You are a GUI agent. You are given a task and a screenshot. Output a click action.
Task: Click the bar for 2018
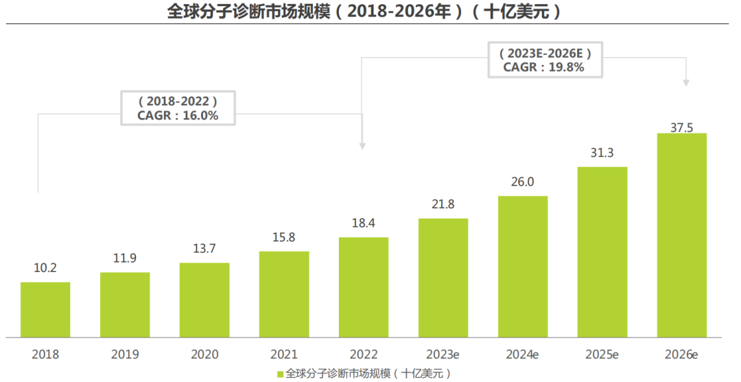click(x=45, y=309)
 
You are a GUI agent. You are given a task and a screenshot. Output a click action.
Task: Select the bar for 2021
click(x=284, y=294)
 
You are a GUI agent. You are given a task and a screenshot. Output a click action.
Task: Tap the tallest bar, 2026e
click(x=682, y=235)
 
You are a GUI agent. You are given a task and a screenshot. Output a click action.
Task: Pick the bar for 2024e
click(x=523, y=267)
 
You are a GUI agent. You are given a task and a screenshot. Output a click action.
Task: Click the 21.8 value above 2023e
click(x=443, y=205)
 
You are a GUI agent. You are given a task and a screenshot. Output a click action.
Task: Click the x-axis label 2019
click(x=125, y=355)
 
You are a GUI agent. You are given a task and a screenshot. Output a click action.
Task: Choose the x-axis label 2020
click(x=204, y=355)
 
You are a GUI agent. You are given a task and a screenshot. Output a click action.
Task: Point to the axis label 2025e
click(x=602, y=355)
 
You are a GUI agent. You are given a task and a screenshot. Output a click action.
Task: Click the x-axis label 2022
click(x=364, y=355)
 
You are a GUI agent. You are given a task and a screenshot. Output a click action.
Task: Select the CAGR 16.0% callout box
click(x=178, y=108)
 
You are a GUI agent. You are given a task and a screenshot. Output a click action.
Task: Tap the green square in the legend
click(x=280, y=374)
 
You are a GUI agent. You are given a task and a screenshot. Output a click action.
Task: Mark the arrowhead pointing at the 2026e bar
click(x=687, y=82)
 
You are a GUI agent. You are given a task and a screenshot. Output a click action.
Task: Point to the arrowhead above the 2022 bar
click(x=363, y=146)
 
